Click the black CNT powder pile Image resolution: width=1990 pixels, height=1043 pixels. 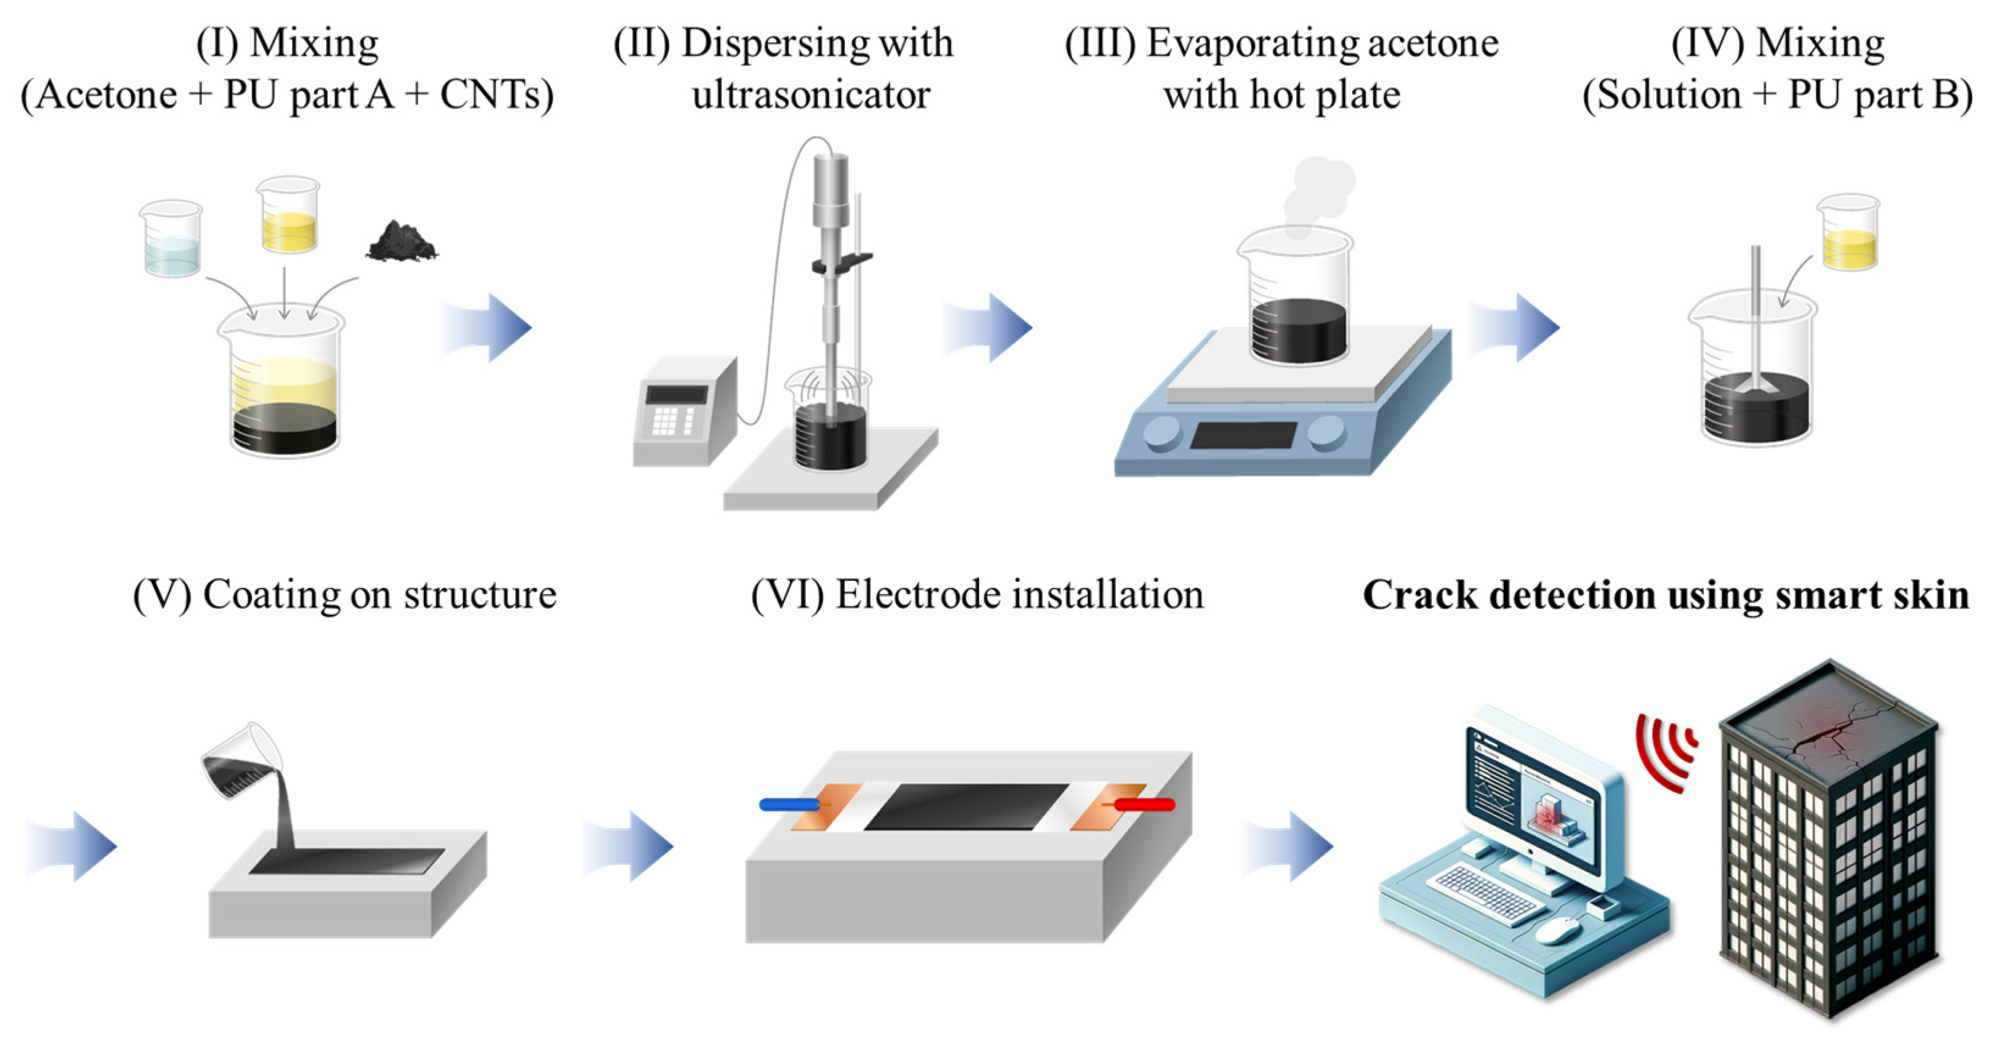(x=401, y=242)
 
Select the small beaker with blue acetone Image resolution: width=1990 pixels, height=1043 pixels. (x=171, y=240)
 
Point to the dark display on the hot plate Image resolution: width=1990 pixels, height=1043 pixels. (x=1244, y=435)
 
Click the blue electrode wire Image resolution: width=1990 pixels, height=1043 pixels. (x=788, y=805)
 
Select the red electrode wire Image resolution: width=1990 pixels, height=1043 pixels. (x=1146, y=805)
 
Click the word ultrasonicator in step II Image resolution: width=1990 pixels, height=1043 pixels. (x=811, y=96)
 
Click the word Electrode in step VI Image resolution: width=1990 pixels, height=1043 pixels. (x=919, y=596)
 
